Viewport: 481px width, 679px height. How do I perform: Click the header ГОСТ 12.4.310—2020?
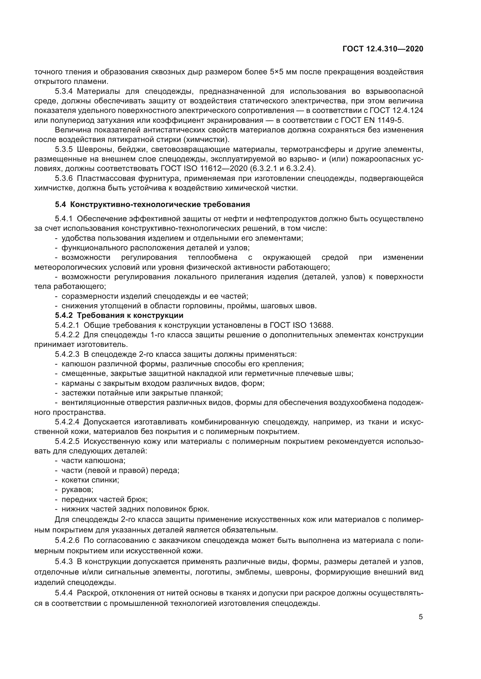point(383,49)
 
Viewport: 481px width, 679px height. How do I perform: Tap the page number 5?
point(421,617)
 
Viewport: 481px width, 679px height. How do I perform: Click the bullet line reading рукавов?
point(77,490)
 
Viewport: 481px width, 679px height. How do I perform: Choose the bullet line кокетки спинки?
point(90,480)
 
